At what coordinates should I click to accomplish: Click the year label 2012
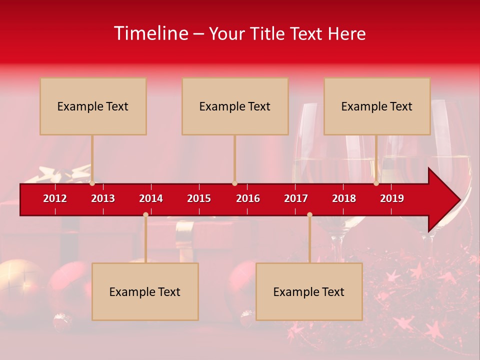pyautogui.click(x=55, y=198)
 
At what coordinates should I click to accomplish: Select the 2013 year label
pyautogui.click(x=103, y=198)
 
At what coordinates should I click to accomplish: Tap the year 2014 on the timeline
pyautogui.click(x=151, y=198)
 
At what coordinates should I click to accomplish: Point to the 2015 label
pyautogui.click(x=199, y=198)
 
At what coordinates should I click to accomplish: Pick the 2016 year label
pyautogui.click(x=248, y=198)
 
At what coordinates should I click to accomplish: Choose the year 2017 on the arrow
pyautogui.click(x=296, y=198)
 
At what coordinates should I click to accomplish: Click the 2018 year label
pyautogui.click(x=344, y=198)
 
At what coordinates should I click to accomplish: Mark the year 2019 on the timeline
pyautogui.click(x=392, y=198)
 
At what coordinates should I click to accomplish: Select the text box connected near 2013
pyautogui.click(x=93, y=106)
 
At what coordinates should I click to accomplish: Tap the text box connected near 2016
pyautogui.click(x=235, y=106)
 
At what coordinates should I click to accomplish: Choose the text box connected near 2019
pyautogui.click(x=377, y=106)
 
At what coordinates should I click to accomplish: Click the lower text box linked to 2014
pyautogui.click(x=145, y=291)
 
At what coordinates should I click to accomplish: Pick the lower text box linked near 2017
pyautogui.click(x=309, y=291)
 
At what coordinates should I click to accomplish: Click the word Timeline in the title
pyautogui.click(x=150, y=33)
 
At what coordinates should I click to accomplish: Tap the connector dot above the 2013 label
pyautogui.click(x=92, y=183)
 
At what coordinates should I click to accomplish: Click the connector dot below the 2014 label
pyautogui.click(x=145, y=214)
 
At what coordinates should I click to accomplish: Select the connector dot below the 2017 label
pyautogui.click(x=309, y=214)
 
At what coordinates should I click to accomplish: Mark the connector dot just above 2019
pyautogui.click(x=376, y=183)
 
